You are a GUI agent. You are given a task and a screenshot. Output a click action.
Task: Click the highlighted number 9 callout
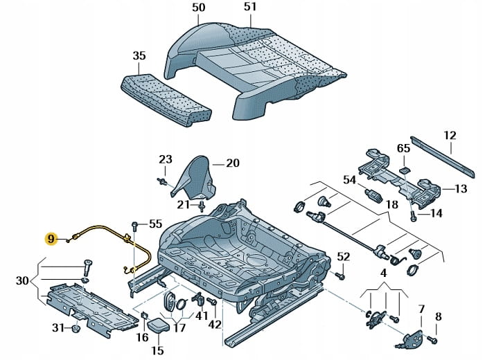point(51,240)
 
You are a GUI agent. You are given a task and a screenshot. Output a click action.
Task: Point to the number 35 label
point(139,56)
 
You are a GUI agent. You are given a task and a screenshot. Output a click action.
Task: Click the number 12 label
point(450,136)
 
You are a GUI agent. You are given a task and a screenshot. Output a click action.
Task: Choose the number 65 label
point(404,149)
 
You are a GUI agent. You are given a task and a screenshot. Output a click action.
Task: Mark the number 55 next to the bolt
point(155,224)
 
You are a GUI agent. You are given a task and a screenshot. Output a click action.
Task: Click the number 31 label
point(59,327)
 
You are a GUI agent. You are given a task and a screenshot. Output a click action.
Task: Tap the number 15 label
point(157,350)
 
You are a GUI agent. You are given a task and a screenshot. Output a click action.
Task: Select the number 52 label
point(344,257)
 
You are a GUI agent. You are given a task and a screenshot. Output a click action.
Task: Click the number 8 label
point(438,317)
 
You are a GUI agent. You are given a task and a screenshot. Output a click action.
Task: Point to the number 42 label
point(215,325)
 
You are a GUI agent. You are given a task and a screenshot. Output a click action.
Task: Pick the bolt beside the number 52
point(340,276)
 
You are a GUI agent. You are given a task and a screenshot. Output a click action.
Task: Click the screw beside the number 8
point(430,341)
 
